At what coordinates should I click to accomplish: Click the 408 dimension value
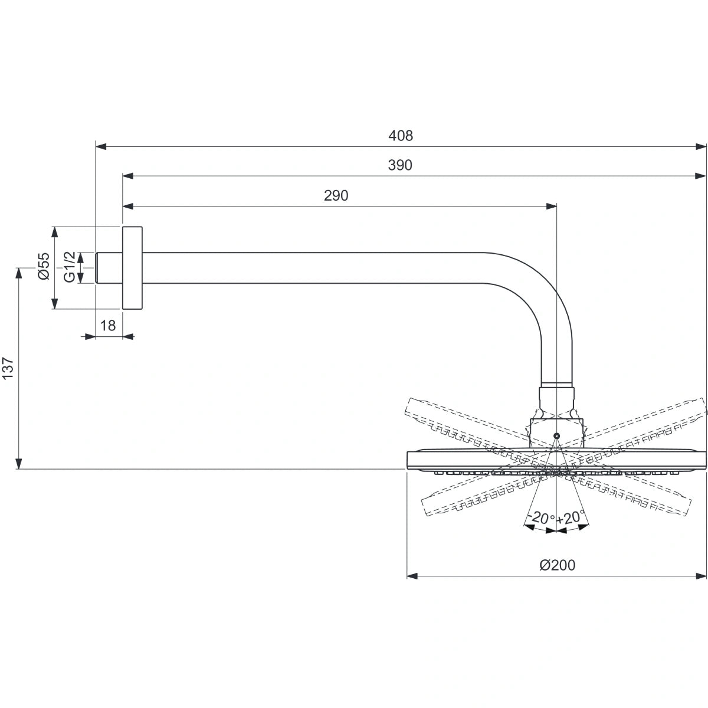[401, 136]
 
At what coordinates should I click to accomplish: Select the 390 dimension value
[400, 166]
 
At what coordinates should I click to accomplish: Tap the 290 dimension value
[336, 196]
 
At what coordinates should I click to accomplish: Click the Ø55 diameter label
[43, 267]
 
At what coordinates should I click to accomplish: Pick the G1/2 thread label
[70, 267]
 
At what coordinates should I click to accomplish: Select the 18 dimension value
[108, 325]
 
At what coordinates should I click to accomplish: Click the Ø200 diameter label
[557, 565]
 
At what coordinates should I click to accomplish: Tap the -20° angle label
[540, 518]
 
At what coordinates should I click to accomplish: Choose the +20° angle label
[570, 518]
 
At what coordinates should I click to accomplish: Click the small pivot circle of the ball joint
[556, 435]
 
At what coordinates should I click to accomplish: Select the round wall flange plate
[132, 267]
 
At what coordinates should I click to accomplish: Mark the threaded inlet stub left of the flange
[109, 267]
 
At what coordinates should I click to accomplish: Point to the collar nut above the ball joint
[556, 395]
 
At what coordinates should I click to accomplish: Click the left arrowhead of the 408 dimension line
[101, 146]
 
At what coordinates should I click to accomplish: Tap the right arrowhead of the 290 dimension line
[551, 206]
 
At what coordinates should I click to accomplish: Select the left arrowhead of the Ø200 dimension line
[412, 575]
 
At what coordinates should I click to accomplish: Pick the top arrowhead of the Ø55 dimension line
[54, 231]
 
